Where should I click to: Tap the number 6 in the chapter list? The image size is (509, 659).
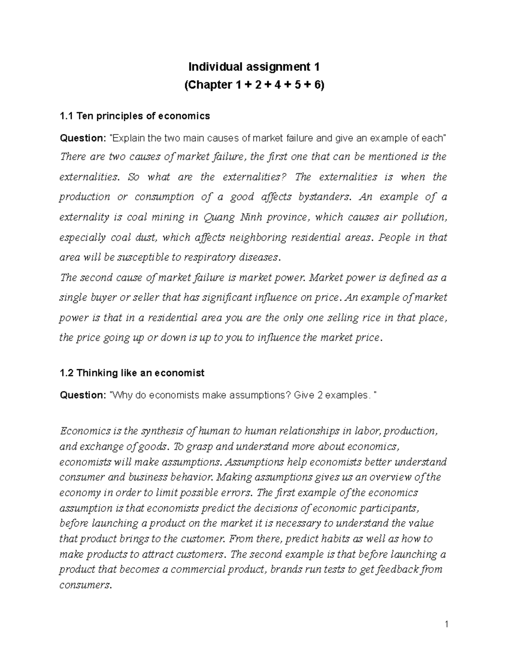pos(318,85)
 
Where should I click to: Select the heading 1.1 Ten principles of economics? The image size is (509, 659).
pos(135,116)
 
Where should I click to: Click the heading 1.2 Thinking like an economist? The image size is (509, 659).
pos(132,373)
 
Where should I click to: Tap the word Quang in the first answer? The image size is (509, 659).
pos(220,218)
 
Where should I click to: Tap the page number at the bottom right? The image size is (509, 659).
pos(447,624)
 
